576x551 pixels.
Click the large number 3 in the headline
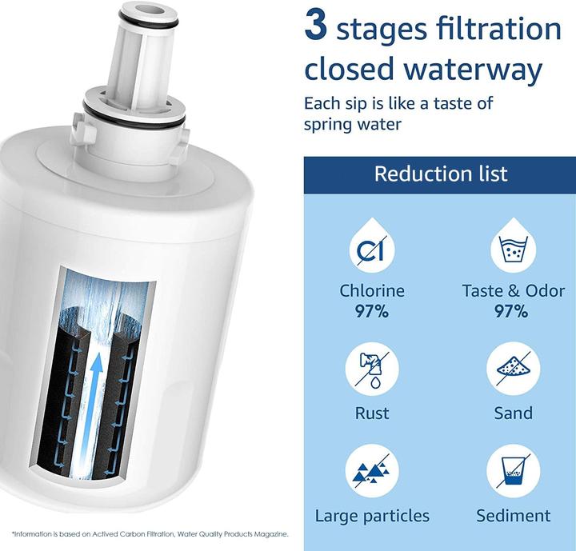315,25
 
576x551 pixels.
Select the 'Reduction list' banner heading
441,174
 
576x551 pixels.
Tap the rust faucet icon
372,369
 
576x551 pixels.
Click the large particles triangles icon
372,471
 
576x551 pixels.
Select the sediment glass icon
514,471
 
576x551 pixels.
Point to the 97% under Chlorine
372,312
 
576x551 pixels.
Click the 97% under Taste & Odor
511,312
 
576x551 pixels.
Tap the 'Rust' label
372,413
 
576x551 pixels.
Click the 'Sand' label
513,413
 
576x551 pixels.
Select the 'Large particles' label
372,516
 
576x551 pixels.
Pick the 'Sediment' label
513,515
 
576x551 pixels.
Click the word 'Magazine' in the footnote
274,534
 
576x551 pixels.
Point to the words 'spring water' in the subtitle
353,124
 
